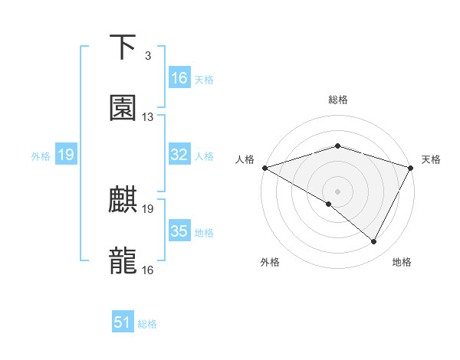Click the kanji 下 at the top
point(123,47)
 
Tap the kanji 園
point(123,109)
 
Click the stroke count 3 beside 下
point(147,56)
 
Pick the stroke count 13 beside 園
point(148,117)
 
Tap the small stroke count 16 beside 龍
point(148,270)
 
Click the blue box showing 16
point(179,78)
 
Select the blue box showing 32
point(179,155)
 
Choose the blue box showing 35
point(179,231)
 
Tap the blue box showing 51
point(123,322)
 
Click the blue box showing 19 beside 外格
point(65,155)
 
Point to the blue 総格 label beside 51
point(147,324)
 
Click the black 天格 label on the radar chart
point(432,159)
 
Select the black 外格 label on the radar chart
point(270,262)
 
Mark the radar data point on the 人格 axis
point(264,167)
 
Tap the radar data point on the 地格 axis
point(374,242)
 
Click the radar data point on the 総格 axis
point(337,146)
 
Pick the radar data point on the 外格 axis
point(328,205)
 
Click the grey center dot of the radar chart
point(337,191)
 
